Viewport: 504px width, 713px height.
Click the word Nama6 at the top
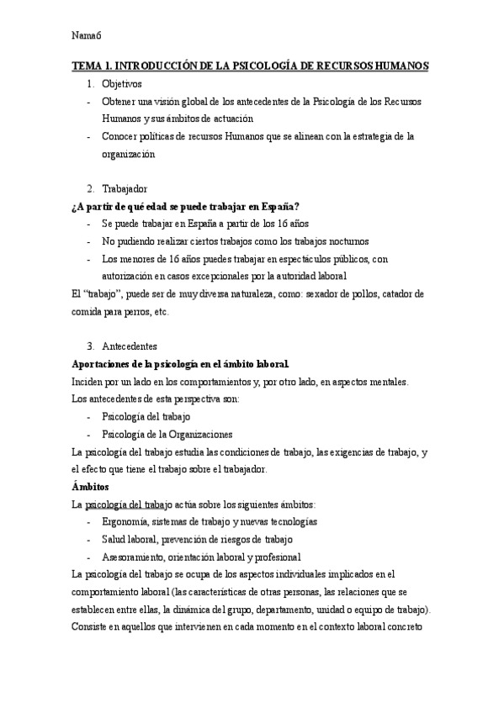pyautogui.click(x=87, y=35)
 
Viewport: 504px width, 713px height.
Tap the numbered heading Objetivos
pyautogui.click(x=122, y=84)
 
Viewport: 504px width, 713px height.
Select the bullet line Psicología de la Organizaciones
pyautogui.click(x=167, y=434)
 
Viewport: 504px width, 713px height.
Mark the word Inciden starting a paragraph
pyautogui.click(x=88, y=381)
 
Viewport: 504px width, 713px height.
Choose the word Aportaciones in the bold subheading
pyautogui.click(x=106, y=363)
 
